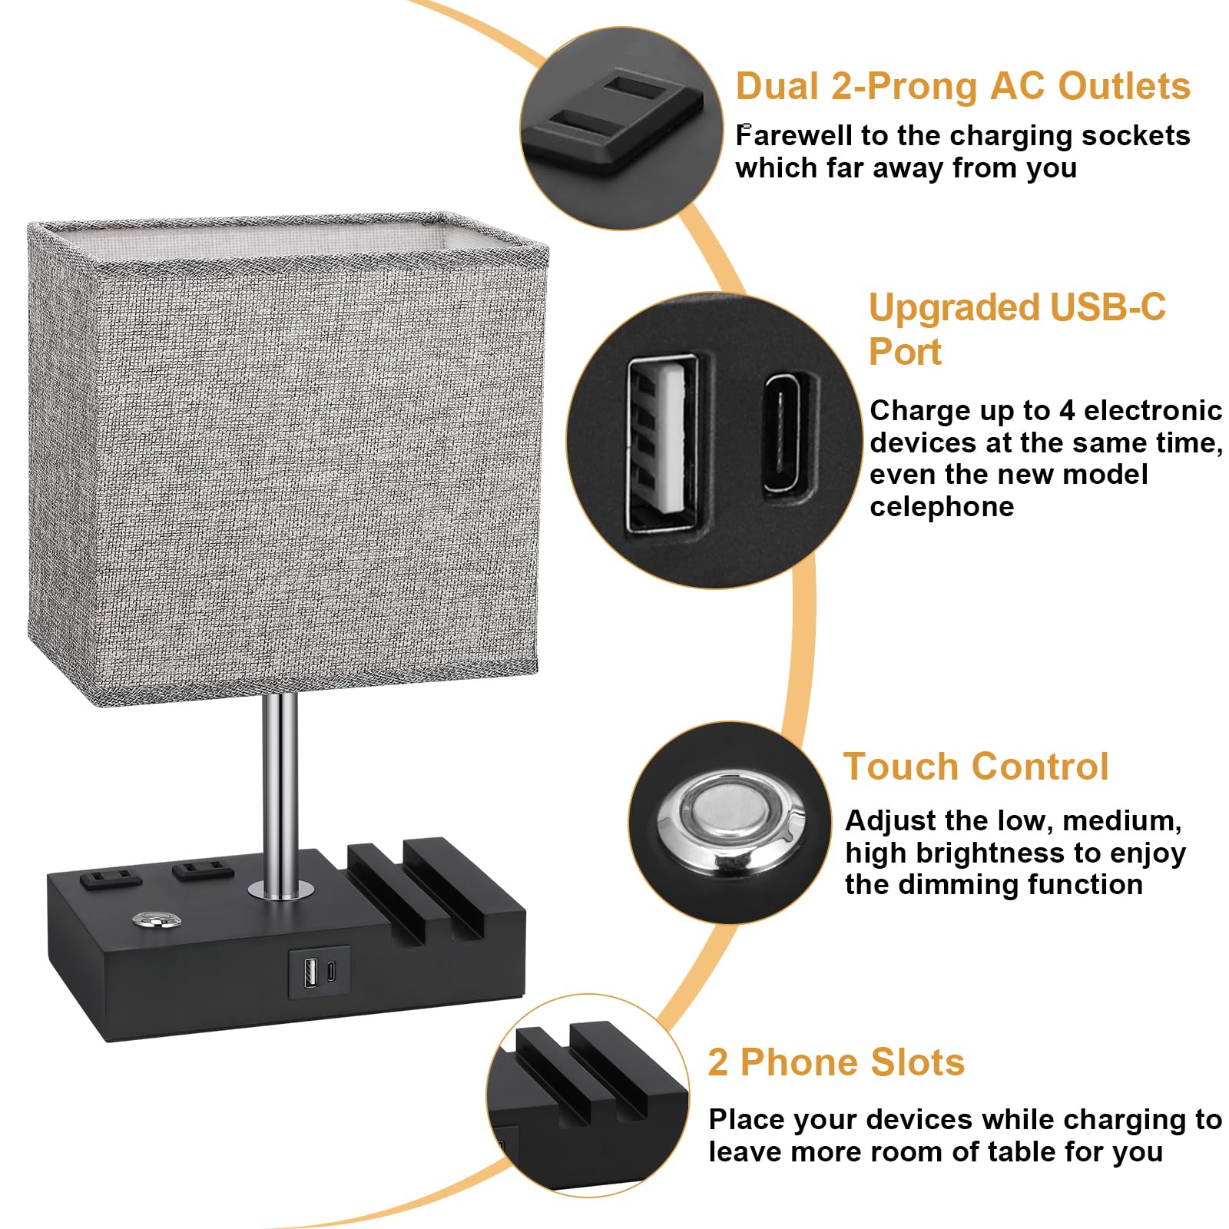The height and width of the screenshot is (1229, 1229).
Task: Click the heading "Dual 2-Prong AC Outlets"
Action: [x=962, y=86]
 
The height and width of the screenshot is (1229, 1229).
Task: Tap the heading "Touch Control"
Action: [x=976, y=767]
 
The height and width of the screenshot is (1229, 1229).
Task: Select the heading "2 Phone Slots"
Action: [x=836, y=1062]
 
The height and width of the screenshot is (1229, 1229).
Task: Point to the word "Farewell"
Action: [x=793, y=136]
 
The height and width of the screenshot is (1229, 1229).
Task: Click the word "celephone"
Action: [x=941, y=507]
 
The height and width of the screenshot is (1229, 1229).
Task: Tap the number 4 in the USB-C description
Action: [x=1067, y=411]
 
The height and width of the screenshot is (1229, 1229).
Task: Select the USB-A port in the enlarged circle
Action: [x=662, y=444]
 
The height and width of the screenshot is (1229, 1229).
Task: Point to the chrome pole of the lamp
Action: [x=280, y=791]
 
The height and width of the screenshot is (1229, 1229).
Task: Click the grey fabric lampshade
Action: [x=284, y=461]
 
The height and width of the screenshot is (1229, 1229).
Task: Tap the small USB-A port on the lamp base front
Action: [x=311, y=972]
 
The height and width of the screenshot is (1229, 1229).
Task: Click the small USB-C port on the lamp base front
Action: [x=330, y=972]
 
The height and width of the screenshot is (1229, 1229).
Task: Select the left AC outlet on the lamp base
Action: [x=110, y=877]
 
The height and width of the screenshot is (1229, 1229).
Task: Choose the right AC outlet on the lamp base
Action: [x=202, y=870]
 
